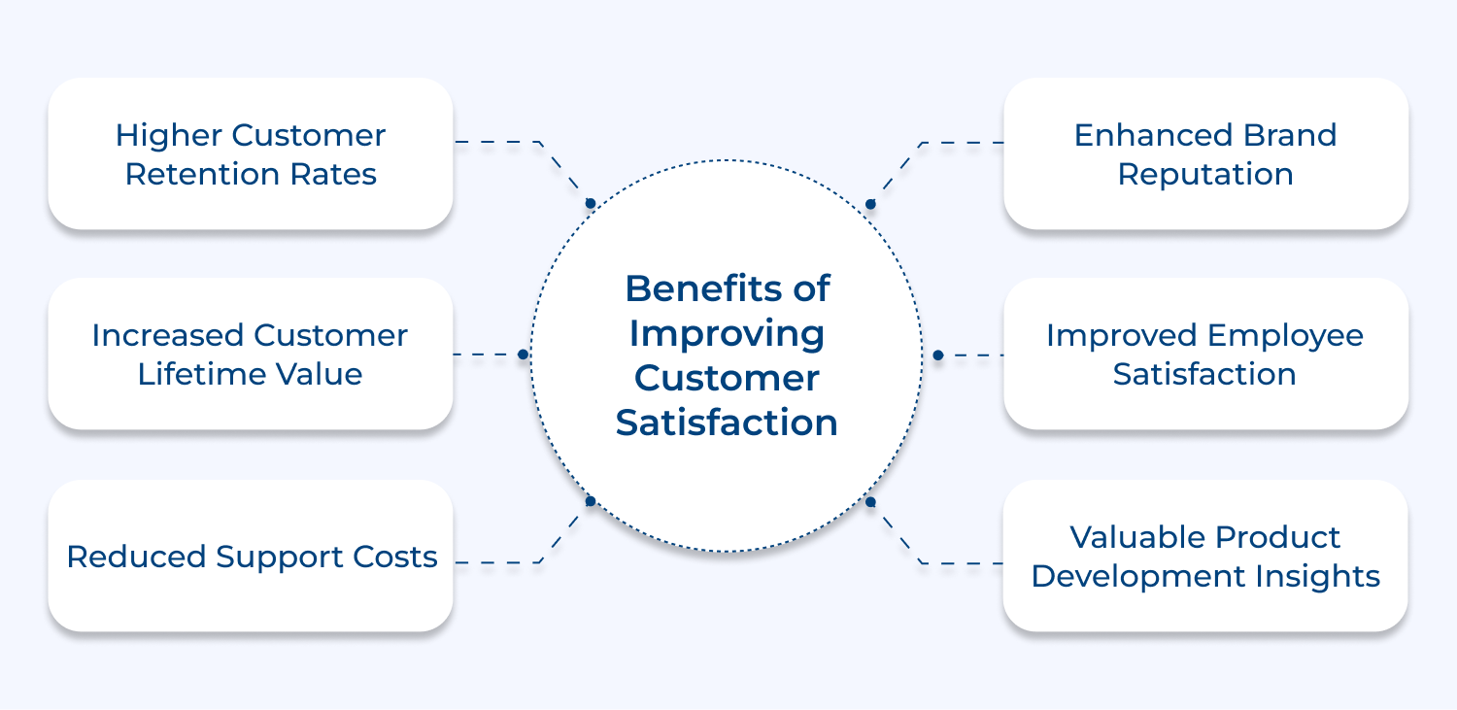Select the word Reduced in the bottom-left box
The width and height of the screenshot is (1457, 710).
[x=136, y=557]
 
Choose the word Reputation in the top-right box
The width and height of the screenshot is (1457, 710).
[x=1204, y=175]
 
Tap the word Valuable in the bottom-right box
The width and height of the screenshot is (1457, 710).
[x=1130, y=537]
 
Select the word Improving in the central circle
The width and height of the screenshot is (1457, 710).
[x=727, y=333]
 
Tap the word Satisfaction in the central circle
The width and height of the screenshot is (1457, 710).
[x=727, y=423]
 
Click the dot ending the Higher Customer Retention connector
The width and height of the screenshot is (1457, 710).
[x=590, y=203]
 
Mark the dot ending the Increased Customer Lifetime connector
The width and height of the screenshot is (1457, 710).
[x=523, y=355]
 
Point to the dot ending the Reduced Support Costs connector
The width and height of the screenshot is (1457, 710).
[x=590, y=501]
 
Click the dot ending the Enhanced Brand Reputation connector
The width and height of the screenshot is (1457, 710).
[x=870, y=204]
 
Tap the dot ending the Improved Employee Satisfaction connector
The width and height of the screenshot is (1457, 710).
[x=937, y=355]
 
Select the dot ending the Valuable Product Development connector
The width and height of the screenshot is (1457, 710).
[x=870, y=502]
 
